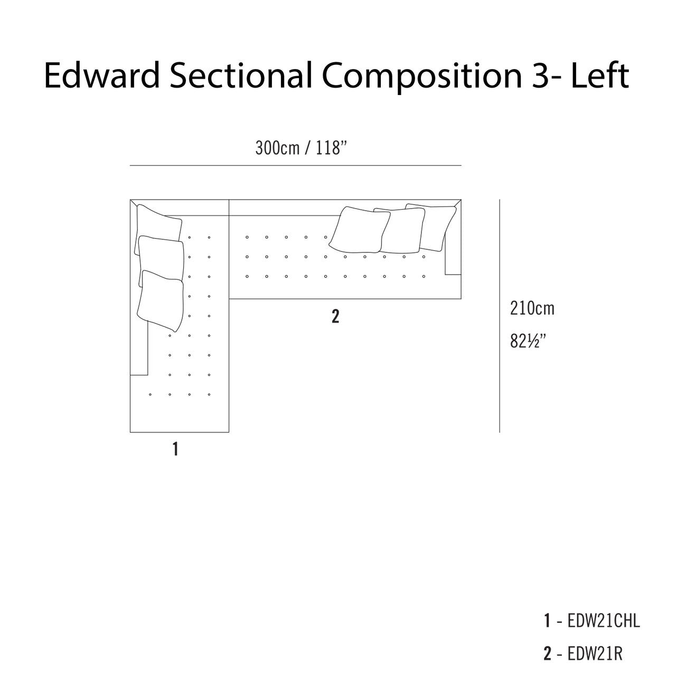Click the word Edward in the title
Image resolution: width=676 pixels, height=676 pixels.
[x=102, y=76]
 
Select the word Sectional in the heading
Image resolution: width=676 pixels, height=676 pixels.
[x=241, y=76]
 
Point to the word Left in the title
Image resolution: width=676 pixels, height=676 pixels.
[x=599, y=76]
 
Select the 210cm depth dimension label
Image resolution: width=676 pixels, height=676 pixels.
[x=532, y=308]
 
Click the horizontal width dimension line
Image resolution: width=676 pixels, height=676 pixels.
[x=295, y=165]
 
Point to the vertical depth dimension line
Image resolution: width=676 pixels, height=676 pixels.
[x=500, y=316]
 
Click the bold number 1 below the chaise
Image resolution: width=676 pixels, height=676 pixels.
[x=175, y=449]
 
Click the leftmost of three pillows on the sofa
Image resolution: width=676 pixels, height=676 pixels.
[x=360, y=230]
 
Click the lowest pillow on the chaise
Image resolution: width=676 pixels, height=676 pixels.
[x=161, y=301]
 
